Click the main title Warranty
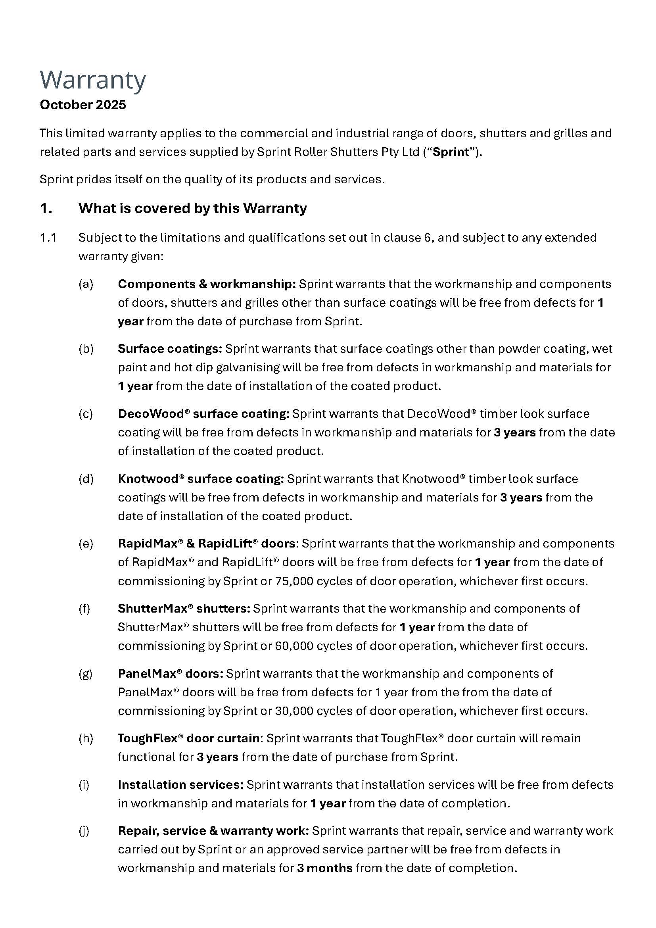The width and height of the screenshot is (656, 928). point(93,80)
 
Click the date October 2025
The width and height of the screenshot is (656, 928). point(83,105)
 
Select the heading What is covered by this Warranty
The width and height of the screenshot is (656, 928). point(192,208)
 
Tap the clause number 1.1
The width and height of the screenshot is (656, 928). point(48,238)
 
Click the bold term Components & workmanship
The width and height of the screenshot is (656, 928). point(207,284)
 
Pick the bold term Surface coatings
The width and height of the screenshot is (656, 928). point(170,349)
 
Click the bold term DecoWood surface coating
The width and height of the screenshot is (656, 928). point(203,414)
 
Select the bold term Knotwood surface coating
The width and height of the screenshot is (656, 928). point(201,479)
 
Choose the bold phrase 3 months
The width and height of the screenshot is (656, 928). point(325,868)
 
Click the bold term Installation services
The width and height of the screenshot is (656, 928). point(180,785)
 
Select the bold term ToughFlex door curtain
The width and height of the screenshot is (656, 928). point(189,738)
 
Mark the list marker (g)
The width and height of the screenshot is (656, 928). point(86,674)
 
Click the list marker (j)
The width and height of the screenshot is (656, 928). point(84,831)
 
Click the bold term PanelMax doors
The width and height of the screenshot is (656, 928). point(170,674)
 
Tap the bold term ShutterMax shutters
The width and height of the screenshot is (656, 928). point(184,609)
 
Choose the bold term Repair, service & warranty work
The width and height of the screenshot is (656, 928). point(213,831)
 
